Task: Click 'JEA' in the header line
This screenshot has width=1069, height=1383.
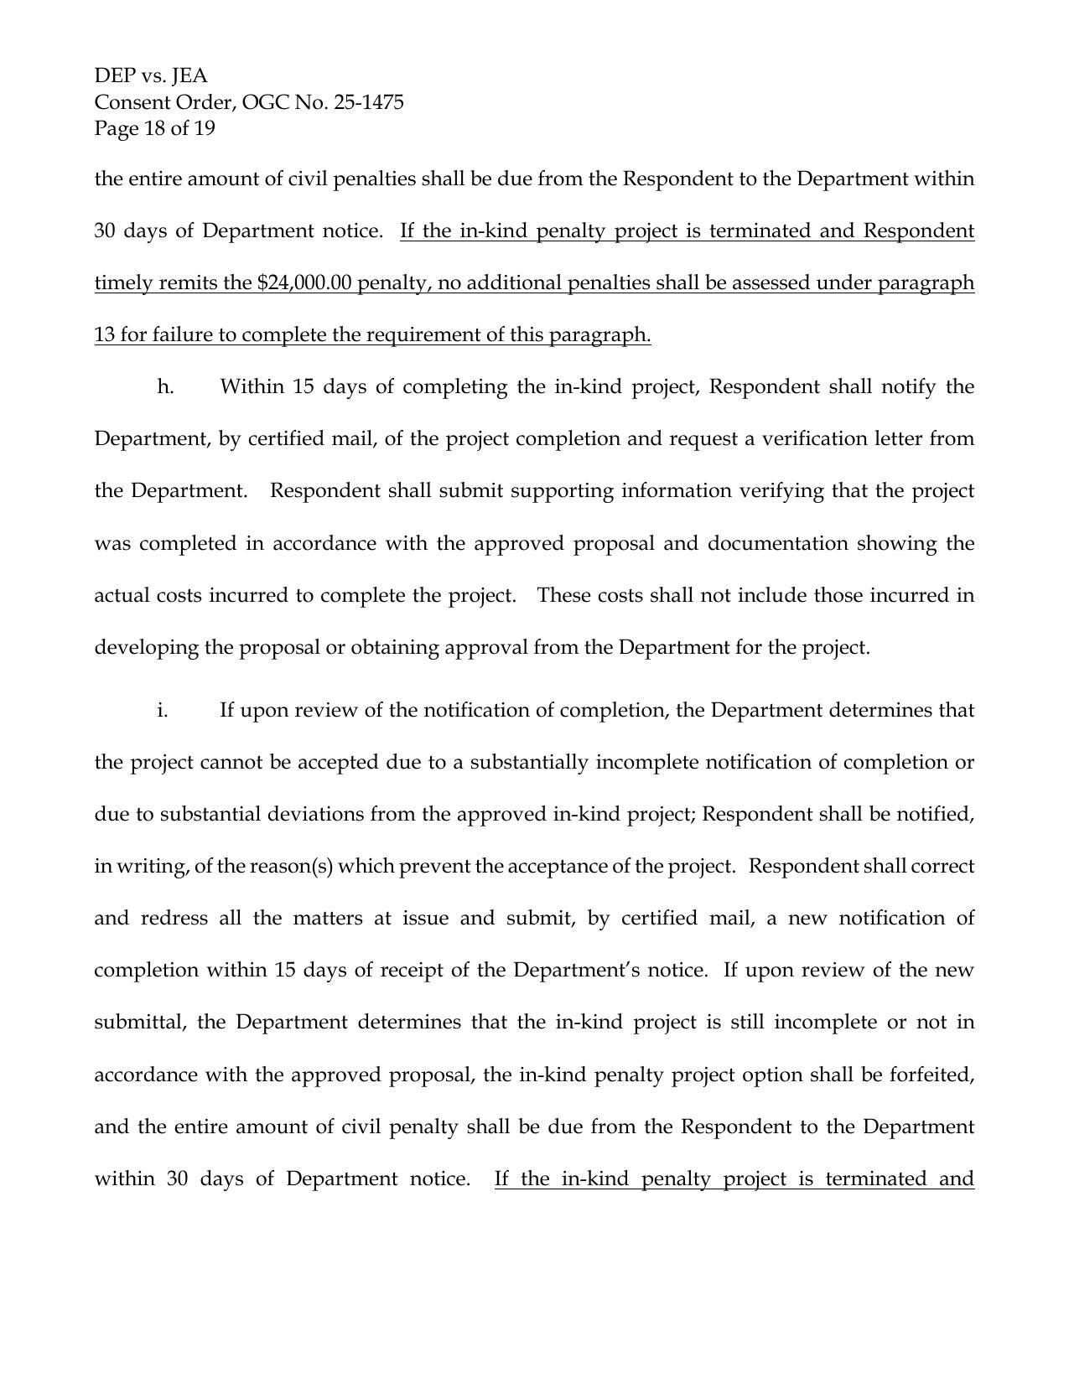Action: [x=189, y=76]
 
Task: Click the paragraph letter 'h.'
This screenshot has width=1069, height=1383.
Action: [x=165, y=387]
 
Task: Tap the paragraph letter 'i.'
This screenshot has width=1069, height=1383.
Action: [x=162, y=711]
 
